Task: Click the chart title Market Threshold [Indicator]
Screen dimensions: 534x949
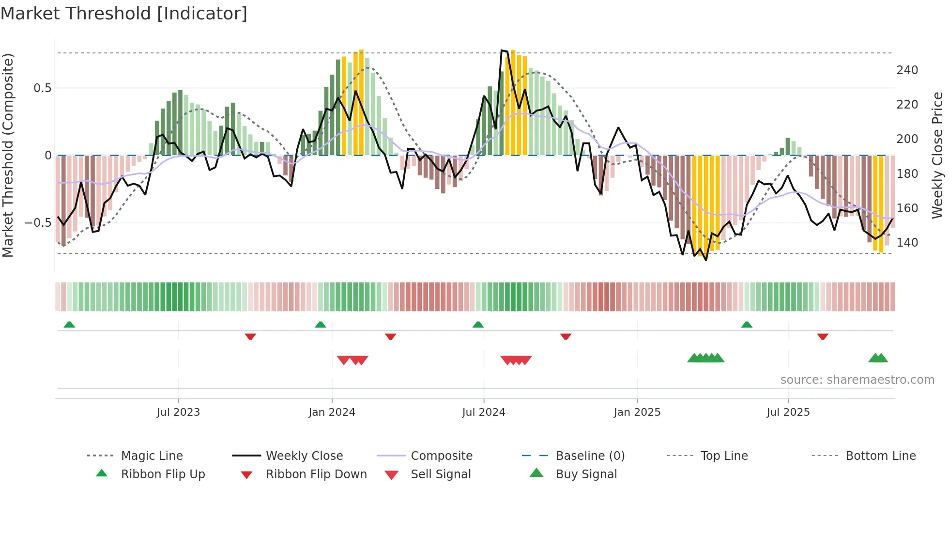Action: (124, 14)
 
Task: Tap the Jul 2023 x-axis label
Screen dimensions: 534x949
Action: (178, 412)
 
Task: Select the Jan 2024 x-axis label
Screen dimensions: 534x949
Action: (332, 412)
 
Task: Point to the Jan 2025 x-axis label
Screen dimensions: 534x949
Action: (637, 412)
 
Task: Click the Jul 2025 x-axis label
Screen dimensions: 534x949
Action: (788, 412)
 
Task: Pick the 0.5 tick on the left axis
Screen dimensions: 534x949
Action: (42, 88)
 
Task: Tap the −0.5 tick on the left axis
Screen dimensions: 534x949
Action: (38, 223)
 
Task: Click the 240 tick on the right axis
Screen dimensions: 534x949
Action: (907, 70)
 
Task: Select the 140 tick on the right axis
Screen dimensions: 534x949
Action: (907, 242)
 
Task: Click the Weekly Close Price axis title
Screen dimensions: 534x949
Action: (938, 155)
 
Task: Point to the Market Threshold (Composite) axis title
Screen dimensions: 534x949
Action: (8, 155)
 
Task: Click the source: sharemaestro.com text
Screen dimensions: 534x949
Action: (857, 380)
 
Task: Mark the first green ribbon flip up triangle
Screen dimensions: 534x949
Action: (69, 325)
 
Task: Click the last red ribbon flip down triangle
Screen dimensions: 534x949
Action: (822, 336)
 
